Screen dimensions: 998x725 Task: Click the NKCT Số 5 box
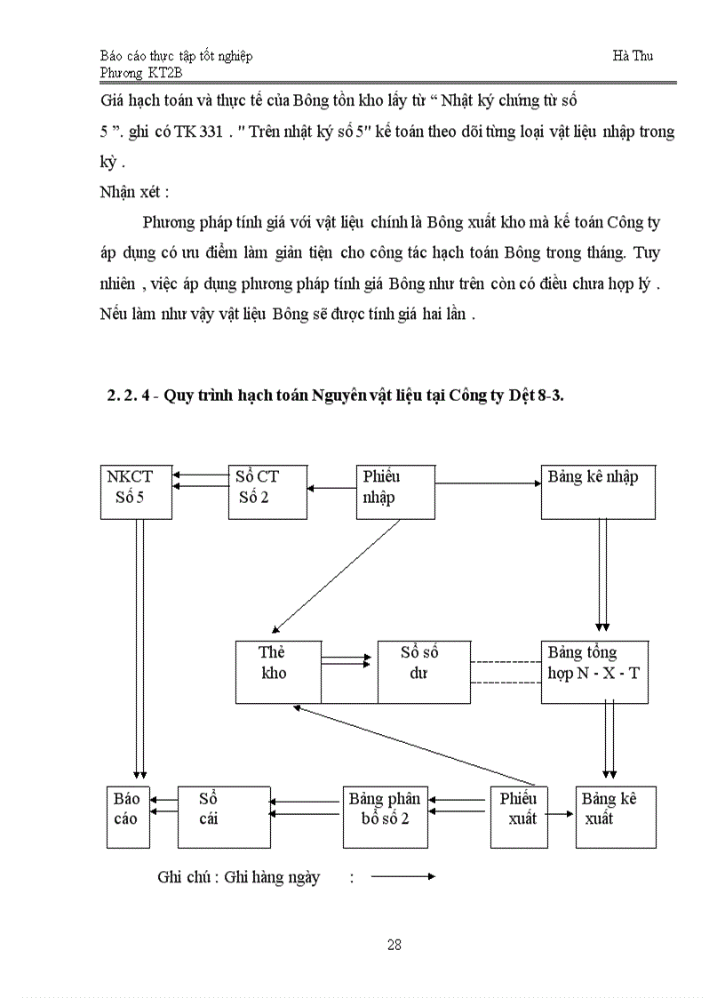coord(135,491)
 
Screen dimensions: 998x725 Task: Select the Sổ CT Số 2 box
coord(267,491)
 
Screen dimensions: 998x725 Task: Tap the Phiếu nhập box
coord(395,491)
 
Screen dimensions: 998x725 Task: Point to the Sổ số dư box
coord(423,671)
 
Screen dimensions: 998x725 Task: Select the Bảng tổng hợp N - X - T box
coord(594,671)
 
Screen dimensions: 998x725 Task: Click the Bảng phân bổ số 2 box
coord(386,816)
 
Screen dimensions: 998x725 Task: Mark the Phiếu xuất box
coord(519,816)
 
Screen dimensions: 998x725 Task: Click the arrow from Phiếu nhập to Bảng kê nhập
coord(489,483)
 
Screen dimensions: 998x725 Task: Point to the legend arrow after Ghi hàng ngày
coord(402,877)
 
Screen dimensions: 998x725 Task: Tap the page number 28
coord(394,944)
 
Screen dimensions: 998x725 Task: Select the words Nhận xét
coord(133,191)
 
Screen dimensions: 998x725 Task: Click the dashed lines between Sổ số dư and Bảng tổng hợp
coord(505,672)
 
